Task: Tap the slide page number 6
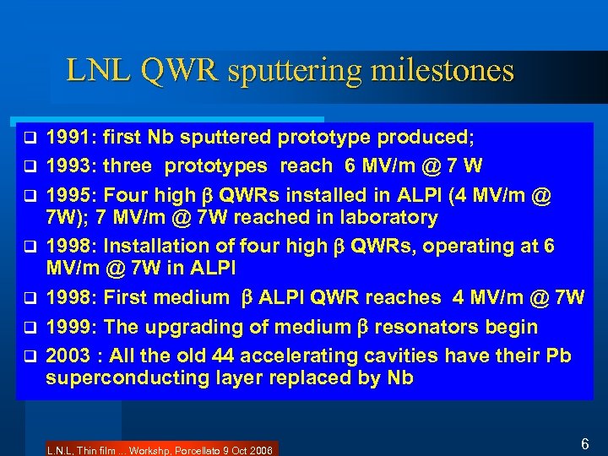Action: click(584, 443)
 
